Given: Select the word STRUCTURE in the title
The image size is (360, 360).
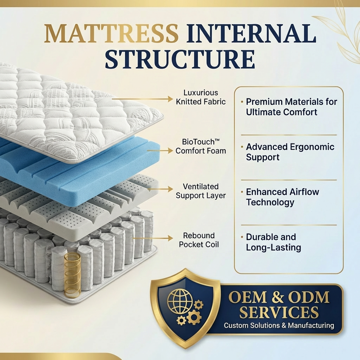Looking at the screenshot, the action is (x=180, y=59).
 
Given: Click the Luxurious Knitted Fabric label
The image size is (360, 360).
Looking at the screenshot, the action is (x=201, y=97).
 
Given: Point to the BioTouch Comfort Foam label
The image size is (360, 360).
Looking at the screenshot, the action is (x=201, y=146).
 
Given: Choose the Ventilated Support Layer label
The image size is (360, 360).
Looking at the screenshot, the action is (x=201, y=191).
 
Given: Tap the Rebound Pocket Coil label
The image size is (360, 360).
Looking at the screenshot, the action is (x=199, y=240).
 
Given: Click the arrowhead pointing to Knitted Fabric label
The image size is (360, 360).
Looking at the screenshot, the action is (x=170, y=99).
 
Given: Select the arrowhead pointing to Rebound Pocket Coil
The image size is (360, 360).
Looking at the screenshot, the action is (x=170, y=238).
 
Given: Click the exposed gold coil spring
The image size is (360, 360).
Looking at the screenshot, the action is (x=72, y=275).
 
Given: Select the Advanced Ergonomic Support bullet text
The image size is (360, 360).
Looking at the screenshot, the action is (x=290, y=152).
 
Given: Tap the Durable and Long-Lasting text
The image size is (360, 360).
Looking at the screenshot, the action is (x=273, y=242).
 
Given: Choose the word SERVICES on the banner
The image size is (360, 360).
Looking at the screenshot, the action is (x=279, y=312).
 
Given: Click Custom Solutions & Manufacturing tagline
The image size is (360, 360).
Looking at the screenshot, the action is (x=279, y=325).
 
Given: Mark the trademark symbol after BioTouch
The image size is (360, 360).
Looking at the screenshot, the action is (x=217, y=140).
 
